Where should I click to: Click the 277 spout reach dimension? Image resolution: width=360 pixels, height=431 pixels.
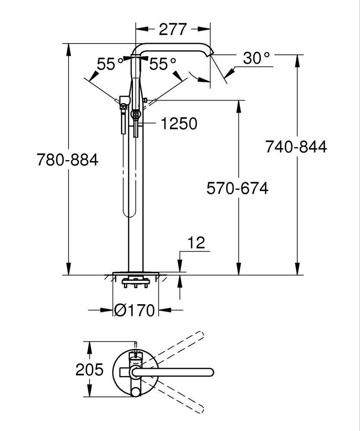(173, 29)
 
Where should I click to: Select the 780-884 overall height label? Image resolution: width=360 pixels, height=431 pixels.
(67, 160)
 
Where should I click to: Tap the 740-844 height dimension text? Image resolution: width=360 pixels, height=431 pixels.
(296, 147)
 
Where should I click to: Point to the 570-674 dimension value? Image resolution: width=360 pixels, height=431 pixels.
(237, 189)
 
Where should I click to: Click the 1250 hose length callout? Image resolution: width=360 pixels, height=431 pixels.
(179, 124)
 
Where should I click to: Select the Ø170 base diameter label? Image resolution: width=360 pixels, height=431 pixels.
(135, 310)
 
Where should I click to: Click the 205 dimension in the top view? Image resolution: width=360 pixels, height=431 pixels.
(89, 370)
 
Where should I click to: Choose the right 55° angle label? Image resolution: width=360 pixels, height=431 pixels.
(163, 64)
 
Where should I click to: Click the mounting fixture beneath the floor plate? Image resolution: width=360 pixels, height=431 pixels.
(136, 284)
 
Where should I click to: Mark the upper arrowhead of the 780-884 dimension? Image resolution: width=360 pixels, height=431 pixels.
(68, 47)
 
